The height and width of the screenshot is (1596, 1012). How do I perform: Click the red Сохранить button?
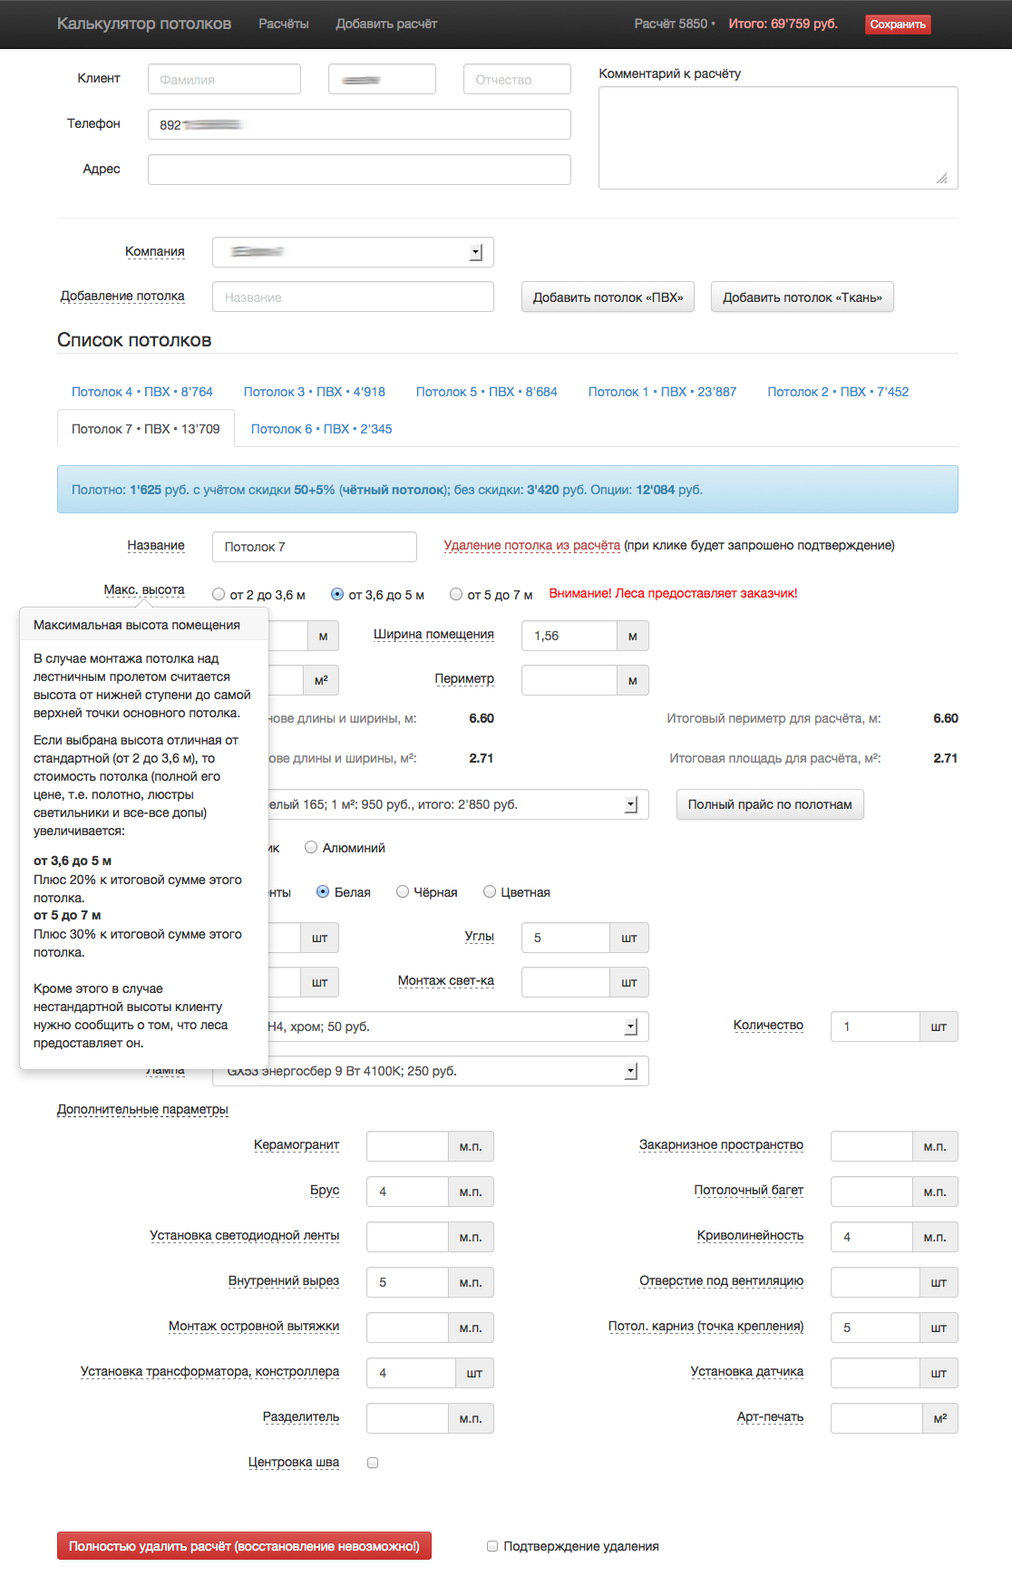(897, 24)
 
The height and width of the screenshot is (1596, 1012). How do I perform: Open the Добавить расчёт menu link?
(386, 24)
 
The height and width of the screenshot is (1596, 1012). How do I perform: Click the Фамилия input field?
(224, 80)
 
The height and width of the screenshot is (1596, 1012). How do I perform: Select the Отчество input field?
(517, 80)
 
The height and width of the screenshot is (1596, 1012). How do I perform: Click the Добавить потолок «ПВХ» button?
(608, 297)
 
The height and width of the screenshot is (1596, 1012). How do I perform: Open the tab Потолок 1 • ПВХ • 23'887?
(662, 392)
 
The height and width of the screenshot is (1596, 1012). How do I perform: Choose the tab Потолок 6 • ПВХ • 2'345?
(321, 429)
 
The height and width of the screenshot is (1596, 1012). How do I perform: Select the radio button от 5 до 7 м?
(457, 595)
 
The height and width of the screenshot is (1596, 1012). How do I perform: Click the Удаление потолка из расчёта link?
(531, 545)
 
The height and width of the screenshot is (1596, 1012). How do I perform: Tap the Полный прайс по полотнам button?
(769, 804)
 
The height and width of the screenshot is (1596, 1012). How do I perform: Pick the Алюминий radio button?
(311, 848)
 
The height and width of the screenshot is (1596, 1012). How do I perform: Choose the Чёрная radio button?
(403, 892)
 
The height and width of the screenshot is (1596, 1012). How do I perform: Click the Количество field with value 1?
(874, 1027)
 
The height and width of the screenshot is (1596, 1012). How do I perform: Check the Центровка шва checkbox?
(373, 1463)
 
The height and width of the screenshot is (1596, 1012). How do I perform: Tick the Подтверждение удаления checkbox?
(492, 1546)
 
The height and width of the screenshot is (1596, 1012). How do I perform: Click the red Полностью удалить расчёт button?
(244, 1546)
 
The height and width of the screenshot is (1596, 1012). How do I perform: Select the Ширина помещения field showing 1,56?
(569, 636)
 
